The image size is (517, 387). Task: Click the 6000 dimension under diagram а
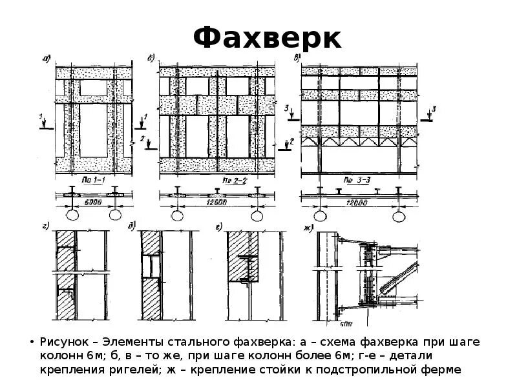click(x=94, y=201)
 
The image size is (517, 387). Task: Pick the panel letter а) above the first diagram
click(x=47, y=60)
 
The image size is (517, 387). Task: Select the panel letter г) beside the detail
click(x=47, y=227)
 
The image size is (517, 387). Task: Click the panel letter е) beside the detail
click(x=220, y=226)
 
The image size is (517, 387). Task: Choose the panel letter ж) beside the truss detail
click(x=308, y=228)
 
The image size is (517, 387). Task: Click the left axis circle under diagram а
click(x=74, y=215)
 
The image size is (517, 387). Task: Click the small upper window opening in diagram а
click(x=94, y=88)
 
